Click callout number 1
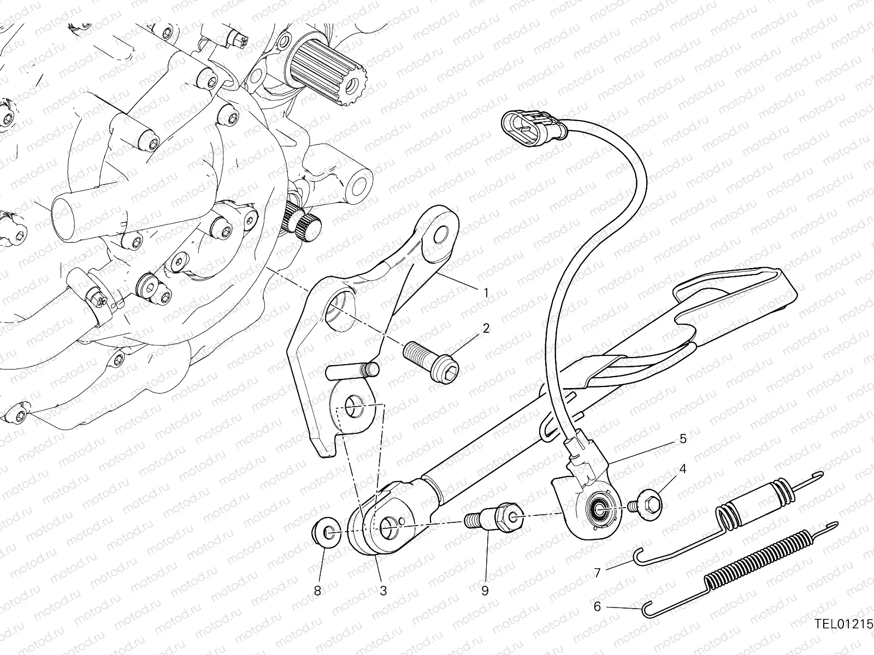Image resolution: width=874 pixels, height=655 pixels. [486, 293]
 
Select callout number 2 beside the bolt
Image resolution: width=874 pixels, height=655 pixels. [486, 329]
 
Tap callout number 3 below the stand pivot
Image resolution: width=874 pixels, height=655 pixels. [383, 591]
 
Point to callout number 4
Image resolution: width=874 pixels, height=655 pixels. [682, 469]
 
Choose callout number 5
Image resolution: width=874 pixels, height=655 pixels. [683, 439]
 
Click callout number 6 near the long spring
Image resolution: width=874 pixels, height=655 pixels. [597, 606]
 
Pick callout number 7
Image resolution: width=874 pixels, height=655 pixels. [597, 573]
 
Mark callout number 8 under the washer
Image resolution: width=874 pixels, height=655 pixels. [317, 591]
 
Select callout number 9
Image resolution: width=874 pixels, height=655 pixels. [485, 591]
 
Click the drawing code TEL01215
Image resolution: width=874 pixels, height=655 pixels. [843, 635]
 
